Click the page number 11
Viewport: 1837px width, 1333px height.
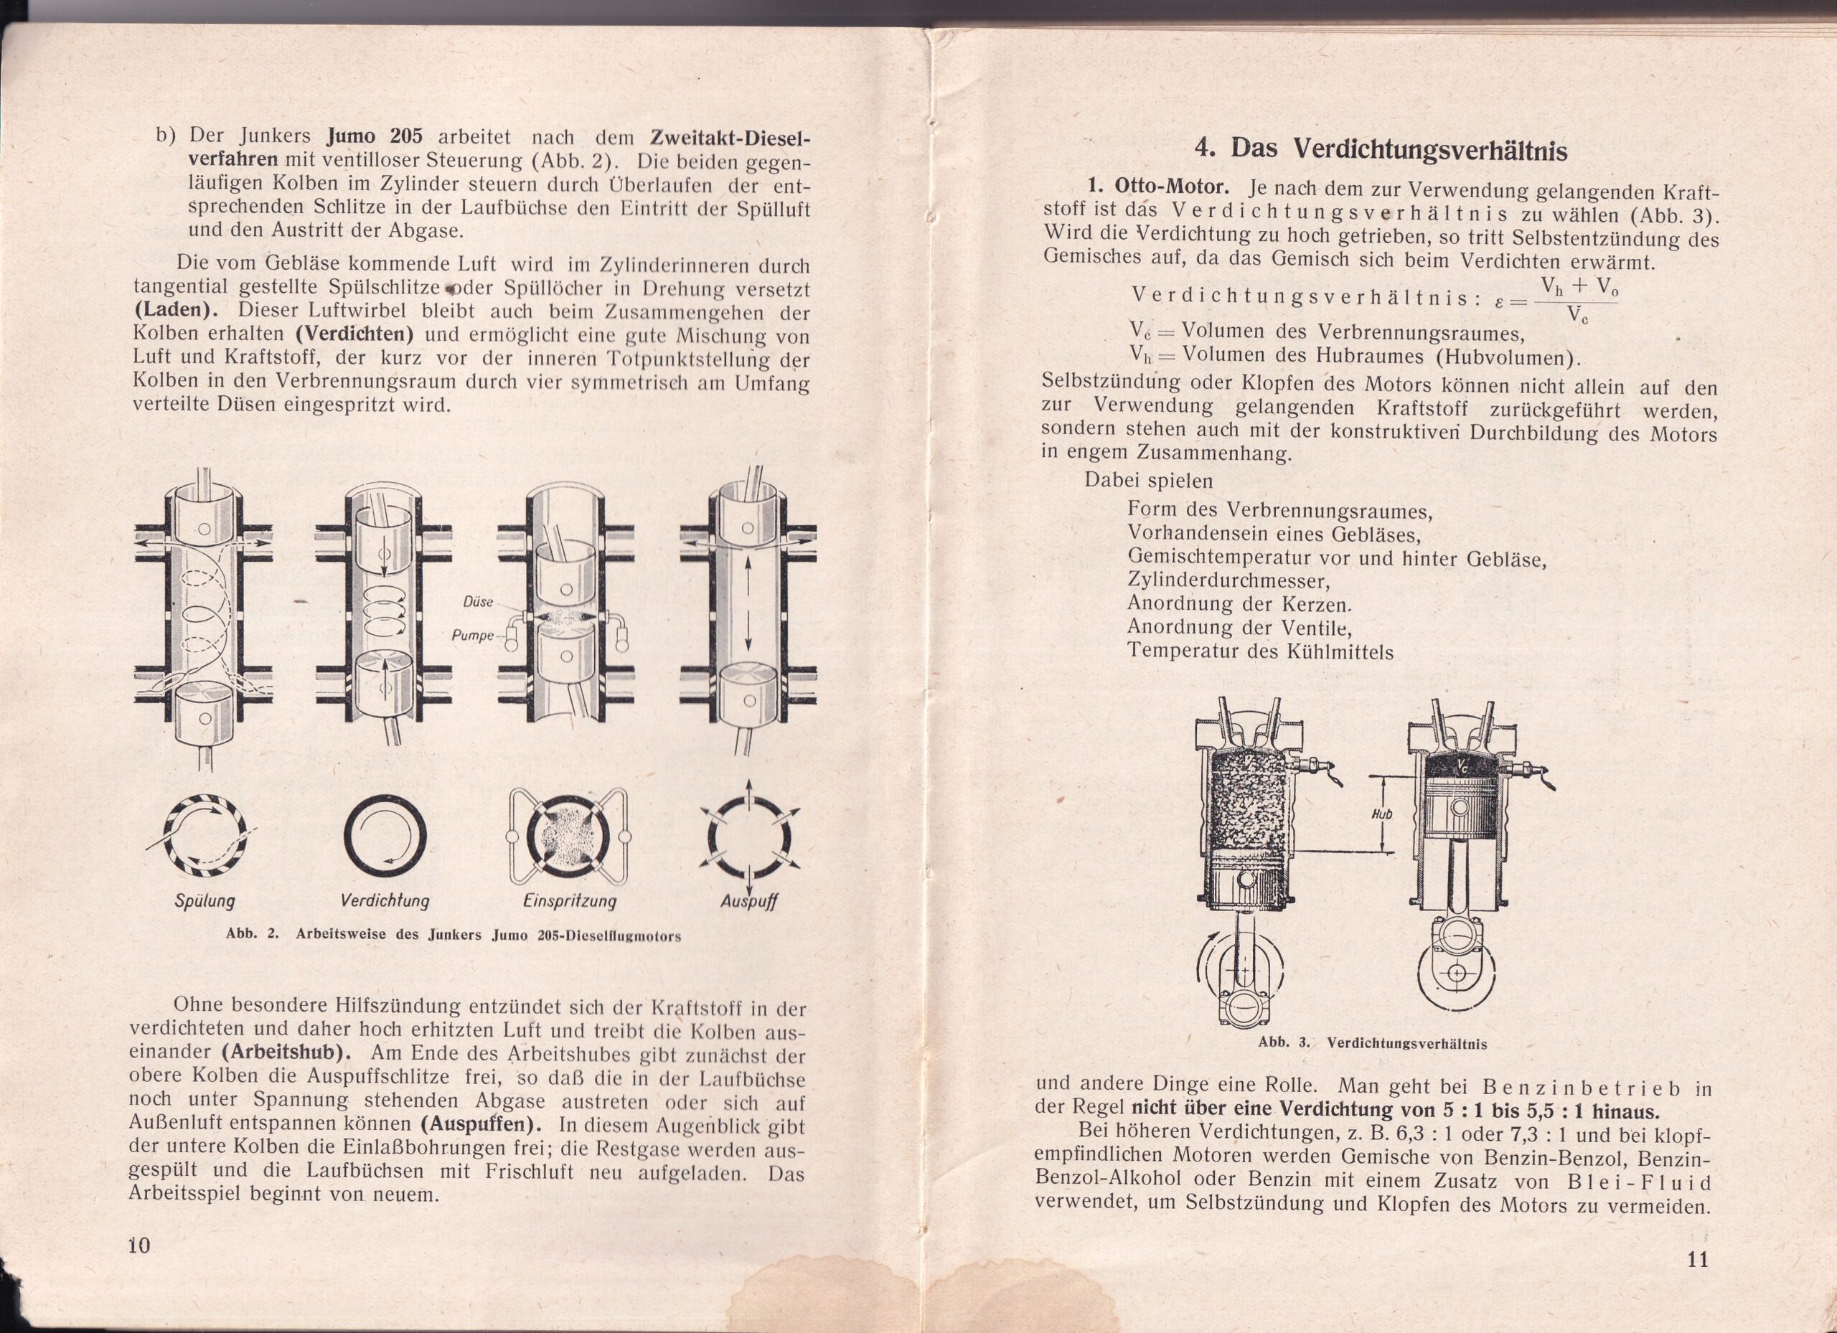(x=1698, y=1260)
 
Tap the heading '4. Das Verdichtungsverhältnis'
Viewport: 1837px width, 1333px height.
(x=1381, y=150)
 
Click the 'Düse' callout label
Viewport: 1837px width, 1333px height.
(x=478, y=603)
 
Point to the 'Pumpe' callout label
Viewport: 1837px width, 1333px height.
(x=472, y=636)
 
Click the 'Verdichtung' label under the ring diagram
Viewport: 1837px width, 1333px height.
(x=385, y=900)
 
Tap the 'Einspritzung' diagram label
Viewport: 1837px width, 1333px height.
(x=570, y=900)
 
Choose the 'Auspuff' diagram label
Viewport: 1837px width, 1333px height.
(x=748, y=900)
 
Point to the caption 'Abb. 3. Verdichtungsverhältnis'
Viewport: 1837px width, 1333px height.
(x=1372, y=1043)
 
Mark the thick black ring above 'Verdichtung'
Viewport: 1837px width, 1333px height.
(x=385, y=837)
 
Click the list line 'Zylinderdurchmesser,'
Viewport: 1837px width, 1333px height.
(x=1228, y=580)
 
